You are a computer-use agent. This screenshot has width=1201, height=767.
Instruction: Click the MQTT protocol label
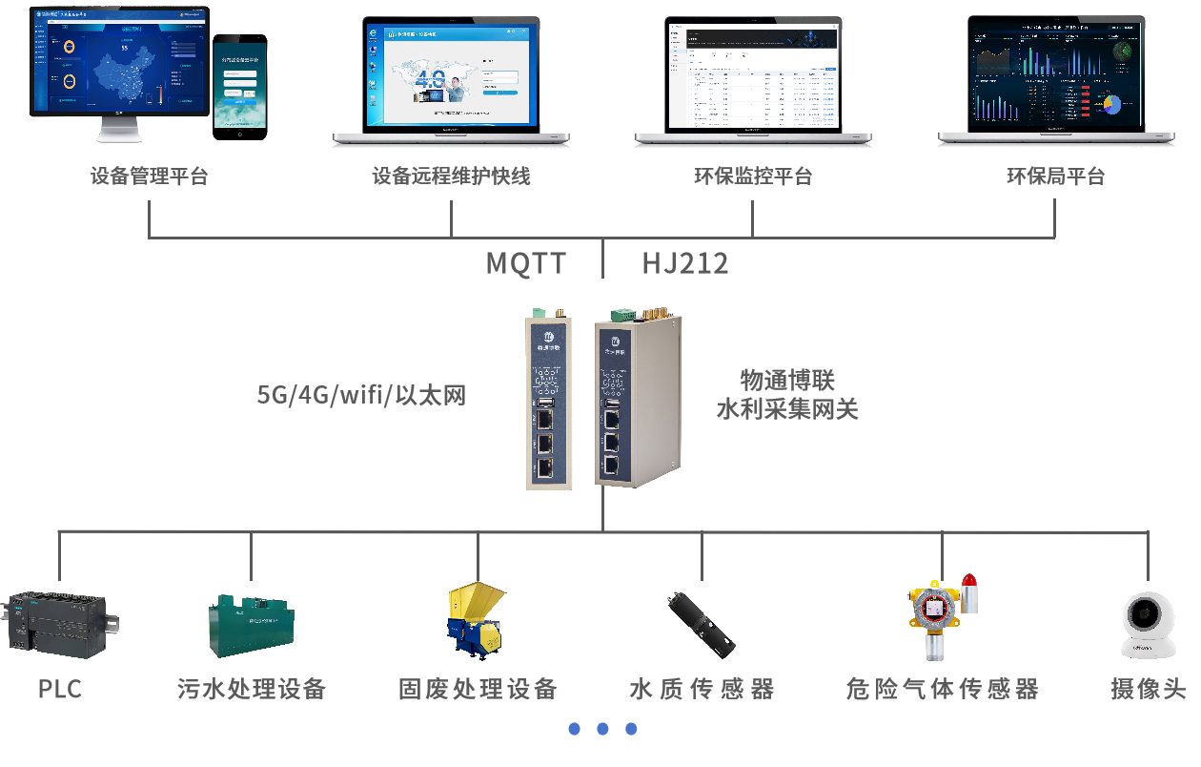(x=526, y=263)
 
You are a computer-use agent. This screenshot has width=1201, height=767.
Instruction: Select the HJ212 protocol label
(x=684, y=263)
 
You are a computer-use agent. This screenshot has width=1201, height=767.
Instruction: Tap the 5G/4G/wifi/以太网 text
(x=361, y=394)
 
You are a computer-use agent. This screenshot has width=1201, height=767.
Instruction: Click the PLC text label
(x=60, y=689)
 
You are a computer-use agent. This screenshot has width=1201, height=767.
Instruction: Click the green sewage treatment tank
(x=252, y=624)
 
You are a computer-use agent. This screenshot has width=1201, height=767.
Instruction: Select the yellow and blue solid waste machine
(x=476, y=621)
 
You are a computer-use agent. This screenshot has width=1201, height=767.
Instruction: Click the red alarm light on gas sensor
(x=969, y=580)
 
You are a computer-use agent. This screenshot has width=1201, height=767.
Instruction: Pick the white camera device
(x=1148, y=624)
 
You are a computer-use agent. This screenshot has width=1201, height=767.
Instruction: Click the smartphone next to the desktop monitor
(x=239, y=85)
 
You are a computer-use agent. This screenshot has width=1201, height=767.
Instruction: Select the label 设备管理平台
(x=149, y=176)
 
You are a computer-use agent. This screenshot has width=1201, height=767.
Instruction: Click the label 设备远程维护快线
(x=451, y=176)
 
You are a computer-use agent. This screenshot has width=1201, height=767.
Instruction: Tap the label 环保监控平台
(x=753, y=176)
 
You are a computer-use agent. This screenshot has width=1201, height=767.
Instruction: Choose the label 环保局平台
(x=1055, y=176)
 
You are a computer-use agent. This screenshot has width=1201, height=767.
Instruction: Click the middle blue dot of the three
(x=602, y=729)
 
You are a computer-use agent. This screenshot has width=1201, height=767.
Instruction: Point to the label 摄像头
(x=1148, y=689)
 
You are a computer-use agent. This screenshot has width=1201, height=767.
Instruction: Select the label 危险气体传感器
(x=942, y=689)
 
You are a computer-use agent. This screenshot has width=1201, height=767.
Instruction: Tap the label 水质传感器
(x=702, y=689)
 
